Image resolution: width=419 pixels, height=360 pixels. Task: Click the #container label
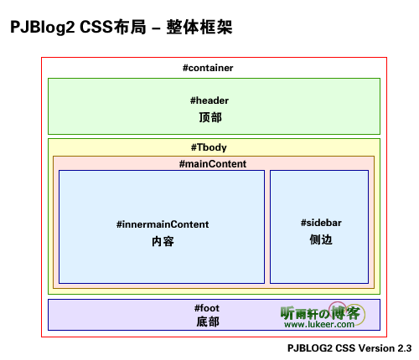pyautogui.click(x=208, y=68)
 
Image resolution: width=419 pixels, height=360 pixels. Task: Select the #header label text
pyautogui.click(x=209, y=100)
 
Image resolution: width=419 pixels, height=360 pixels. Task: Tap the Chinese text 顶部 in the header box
pyautogui.click(x=210, y=117)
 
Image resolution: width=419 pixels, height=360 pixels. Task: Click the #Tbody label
pyautogui.click(x=209, y=147)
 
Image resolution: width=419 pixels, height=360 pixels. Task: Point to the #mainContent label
pyautogui.click(x=213, y=164)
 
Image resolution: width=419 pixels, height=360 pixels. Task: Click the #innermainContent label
pyautogui.click(x=163, y=224)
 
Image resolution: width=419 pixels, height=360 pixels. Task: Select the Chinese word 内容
pyautogui.click(x=163, y=241)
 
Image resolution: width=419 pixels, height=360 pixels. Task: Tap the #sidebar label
pyautogui.click(x=321, y=223)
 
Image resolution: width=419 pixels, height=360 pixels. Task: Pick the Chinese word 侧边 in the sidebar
pyautogui.click(x=321, y=239)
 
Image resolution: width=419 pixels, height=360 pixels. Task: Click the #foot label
pyautogui.click(x=207, y=308)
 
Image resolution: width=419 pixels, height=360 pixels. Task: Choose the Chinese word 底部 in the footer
pyautogui.click(x=208, y=321)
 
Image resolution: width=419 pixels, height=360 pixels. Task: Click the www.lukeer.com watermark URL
pyautogui.click(x=319, y=324)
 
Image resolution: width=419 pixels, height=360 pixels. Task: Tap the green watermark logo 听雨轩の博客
pyautogui.click(x=320, y=313)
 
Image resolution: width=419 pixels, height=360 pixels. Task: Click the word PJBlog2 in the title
pyautogui.click(x=43, y=28)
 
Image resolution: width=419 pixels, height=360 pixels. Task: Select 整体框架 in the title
pyautogui.click(x=199, y=27)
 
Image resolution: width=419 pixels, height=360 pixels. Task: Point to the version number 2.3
pyautogui.click(x=405, y=348)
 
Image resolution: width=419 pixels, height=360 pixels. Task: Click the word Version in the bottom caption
pyautogui.click(x=376, y=348)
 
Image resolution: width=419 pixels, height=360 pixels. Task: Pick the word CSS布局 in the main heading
pyautogui.click(x=113, y=27)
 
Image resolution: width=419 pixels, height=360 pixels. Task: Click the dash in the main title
pyautogui.click(x=157, y=28)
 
